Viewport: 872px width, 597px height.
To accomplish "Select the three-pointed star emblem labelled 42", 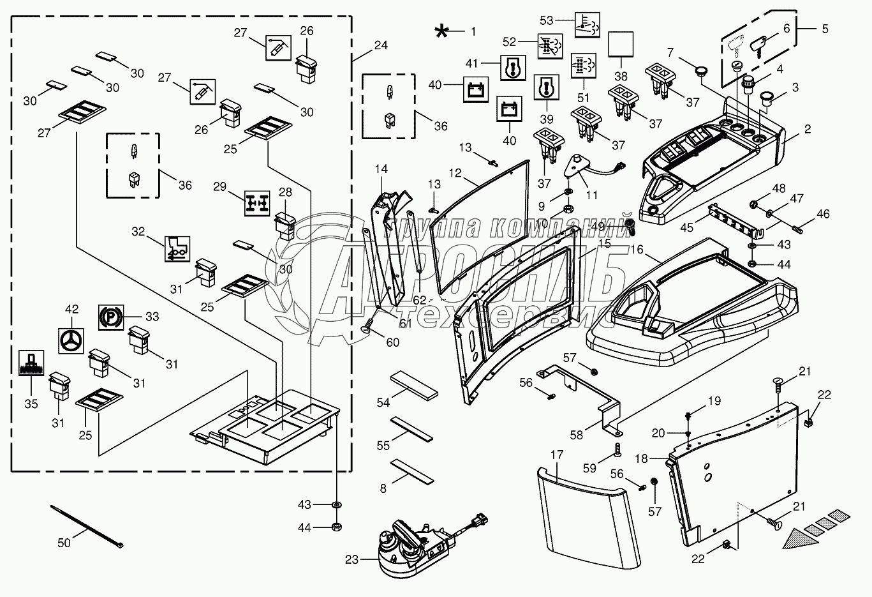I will coord(71,340).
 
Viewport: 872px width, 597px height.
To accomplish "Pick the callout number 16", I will coord(637,250).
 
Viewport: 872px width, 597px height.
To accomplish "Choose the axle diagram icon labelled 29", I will coord(257,202).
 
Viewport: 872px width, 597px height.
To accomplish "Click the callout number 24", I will coord(381,45).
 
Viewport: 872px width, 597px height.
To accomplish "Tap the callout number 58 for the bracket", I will coord(577,435).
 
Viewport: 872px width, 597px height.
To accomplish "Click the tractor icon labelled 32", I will coord(177,248).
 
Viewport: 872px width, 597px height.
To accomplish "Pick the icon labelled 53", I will coord(586,24).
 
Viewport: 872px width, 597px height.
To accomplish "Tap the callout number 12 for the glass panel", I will coord(455,173).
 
